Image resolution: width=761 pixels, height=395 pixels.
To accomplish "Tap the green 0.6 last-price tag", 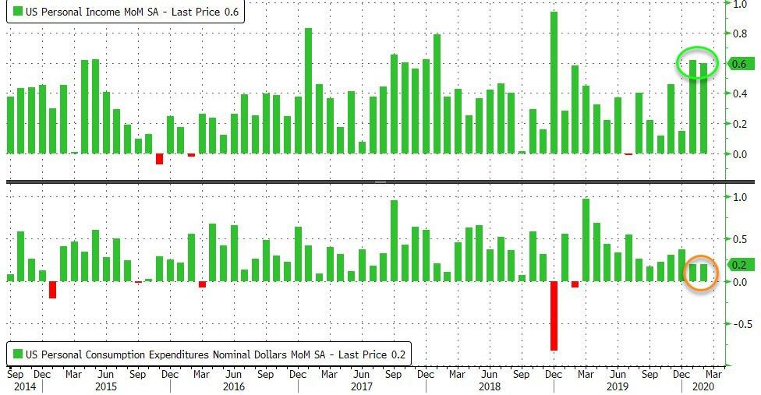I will (x=738, y=64).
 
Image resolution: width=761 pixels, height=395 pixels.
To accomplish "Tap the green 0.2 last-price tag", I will (x=738, y=265).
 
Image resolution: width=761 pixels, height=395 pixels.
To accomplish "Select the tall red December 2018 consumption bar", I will (x=554, y=316).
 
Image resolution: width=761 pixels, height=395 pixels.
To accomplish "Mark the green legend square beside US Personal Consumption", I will (x=17, y=354).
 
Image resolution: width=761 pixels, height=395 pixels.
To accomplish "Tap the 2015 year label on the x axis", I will (x=106, y=386).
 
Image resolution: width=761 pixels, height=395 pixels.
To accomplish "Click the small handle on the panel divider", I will (x=380, y=181).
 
